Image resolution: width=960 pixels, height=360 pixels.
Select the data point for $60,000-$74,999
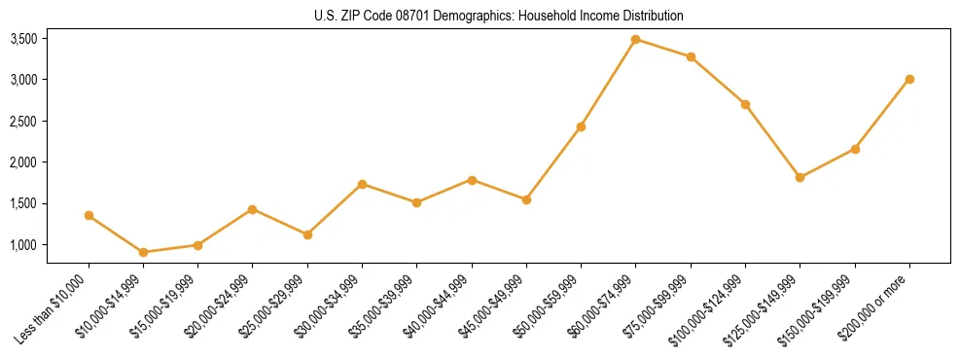pos(636,40)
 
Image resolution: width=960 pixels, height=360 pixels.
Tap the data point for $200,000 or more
pos(909,79)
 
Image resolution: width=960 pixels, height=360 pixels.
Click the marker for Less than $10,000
pos(89,215)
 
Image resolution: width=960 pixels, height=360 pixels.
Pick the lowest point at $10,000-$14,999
pos(143,252)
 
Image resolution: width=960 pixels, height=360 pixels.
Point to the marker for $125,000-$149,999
pos(800,177)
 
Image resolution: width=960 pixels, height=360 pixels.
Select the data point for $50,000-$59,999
pos(581,126)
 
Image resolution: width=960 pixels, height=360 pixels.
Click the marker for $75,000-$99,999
pos(691,56)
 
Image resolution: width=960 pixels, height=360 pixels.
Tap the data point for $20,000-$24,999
pos(253,209)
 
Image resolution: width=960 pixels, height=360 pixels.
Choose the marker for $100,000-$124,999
pos(745,104)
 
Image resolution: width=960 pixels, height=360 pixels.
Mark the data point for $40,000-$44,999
pos(472,180)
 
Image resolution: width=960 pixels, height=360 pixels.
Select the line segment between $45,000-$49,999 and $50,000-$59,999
pos(553,163)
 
